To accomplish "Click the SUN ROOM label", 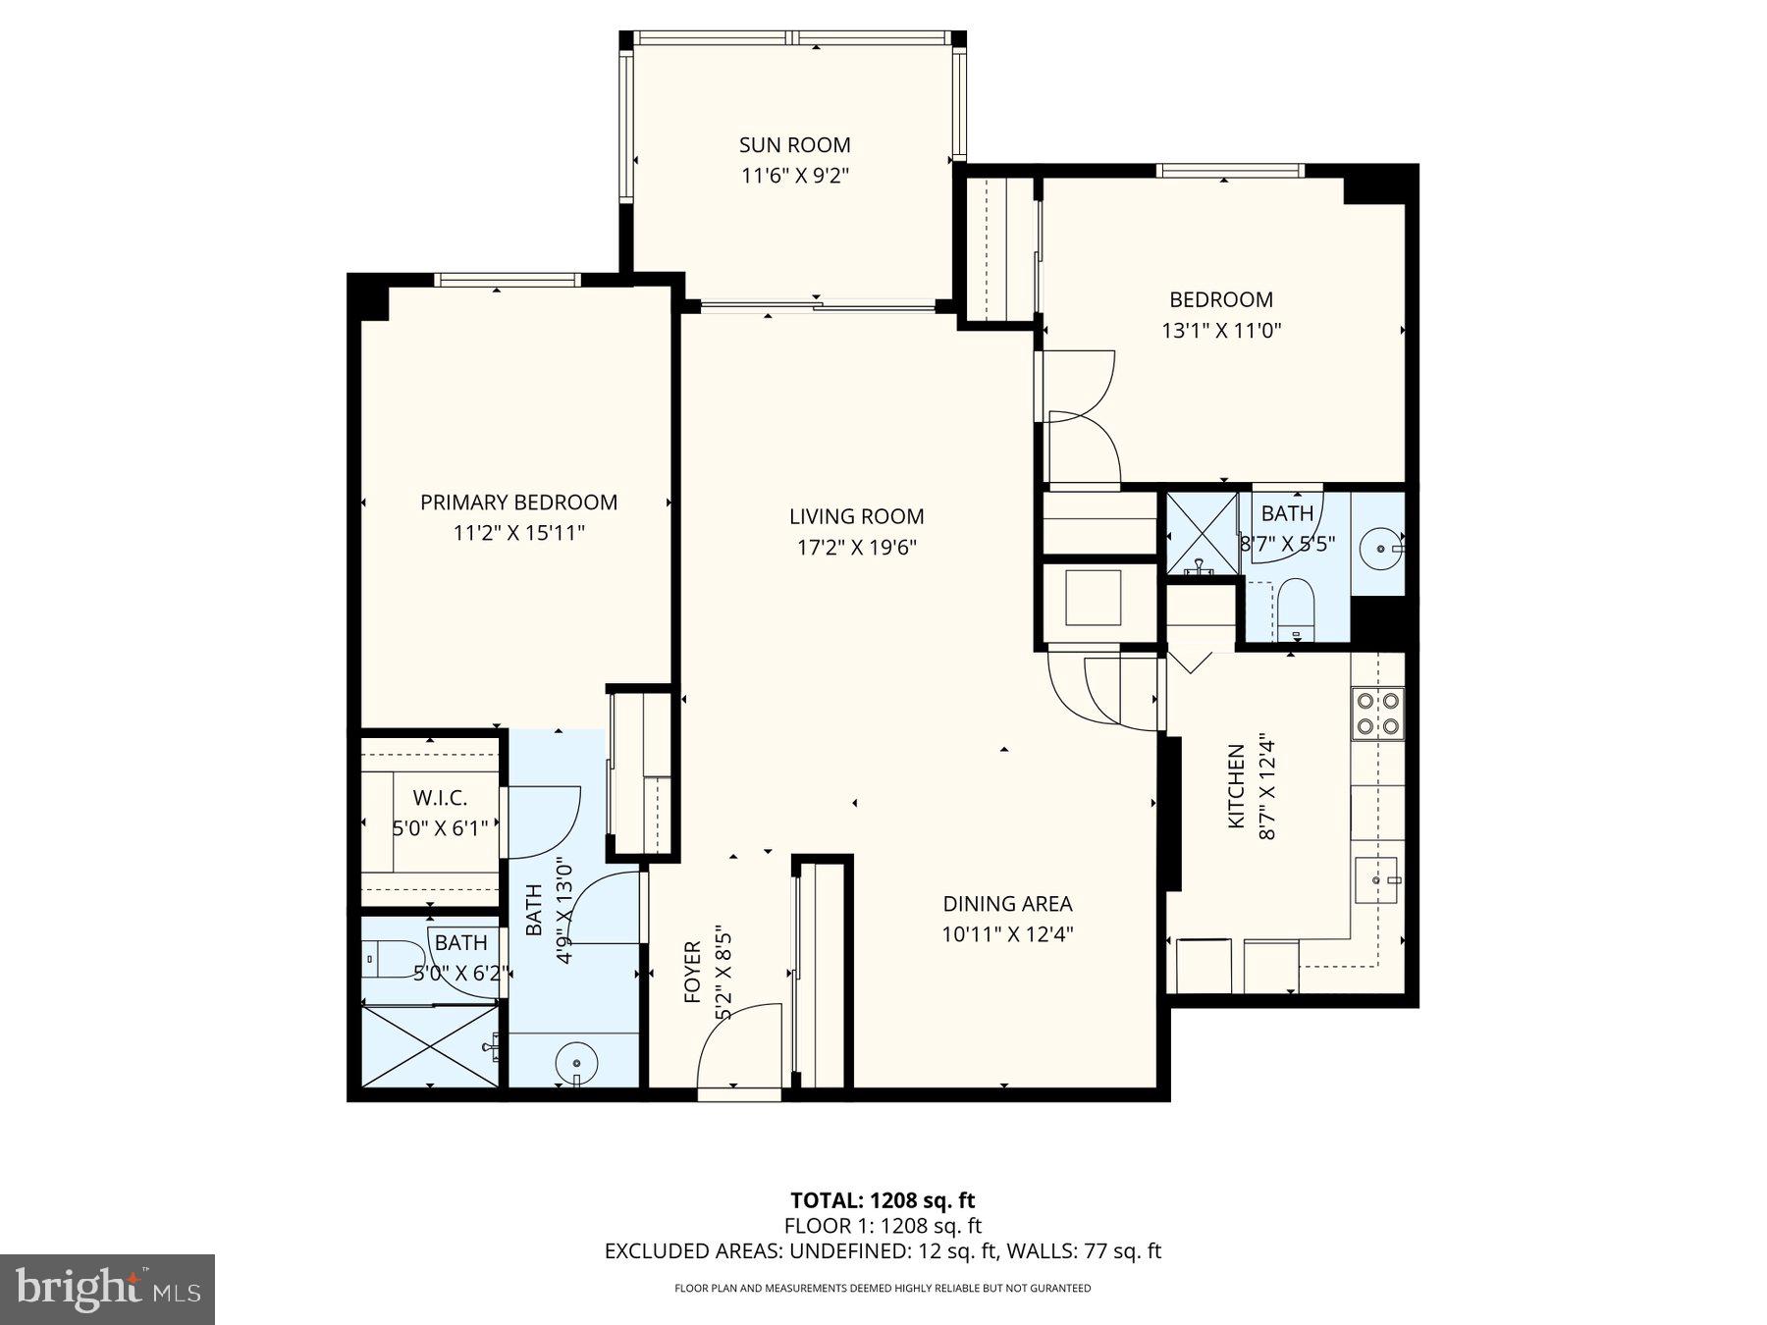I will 794,145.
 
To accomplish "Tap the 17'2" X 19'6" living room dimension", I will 856,548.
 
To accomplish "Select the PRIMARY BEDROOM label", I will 518,503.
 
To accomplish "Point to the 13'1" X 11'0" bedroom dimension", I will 1221,331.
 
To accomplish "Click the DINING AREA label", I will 1007,904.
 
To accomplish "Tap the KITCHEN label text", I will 1236,785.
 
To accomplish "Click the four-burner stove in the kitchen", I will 1377,714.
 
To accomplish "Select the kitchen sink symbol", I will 1376,879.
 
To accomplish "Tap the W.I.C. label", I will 439,798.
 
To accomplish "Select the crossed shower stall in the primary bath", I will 430,1046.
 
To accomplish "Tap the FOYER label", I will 692,972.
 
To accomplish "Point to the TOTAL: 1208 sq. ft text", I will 883,1199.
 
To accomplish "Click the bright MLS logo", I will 107,1289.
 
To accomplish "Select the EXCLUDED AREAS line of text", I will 883,1251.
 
